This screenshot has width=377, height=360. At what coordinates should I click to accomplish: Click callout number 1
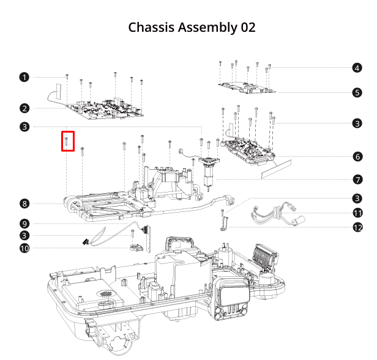(24, 77)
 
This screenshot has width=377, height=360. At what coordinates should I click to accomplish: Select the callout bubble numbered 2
(24, 109)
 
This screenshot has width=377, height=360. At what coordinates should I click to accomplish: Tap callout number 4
(357, 68)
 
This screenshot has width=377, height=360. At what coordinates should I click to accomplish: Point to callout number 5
(357, 93)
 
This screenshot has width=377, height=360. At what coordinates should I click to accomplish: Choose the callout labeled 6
(357, 156)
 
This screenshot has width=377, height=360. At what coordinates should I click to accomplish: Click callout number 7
(357, 180)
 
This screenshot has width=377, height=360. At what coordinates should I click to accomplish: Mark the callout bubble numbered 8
(24, 204)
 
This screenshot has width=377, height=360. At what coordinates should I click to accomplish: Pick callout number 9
(24, 223)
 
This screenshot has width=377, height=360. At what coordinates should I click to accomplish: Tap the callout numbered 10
(24, 248)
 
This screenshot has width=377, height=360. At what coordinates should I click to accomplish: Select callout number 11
(357, 213)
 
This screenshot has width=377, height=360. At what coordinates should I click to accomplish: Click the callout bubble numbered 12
(357, 227)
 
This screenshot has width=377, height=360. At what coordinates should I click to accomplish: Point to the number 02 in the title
(247, 28)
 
